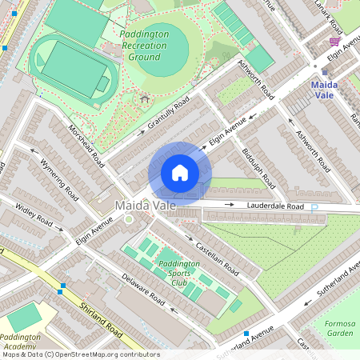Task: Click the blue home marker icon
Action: tap(180, 173)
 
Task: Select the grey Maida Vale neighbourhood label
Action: tap(145, 206)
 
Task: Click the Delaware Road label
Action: tap(144, 290)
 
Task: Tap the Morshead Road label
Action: tap(86, 145)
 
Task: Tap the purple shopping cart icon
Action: tap(334, 41)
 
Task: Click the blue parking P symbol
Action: tap(314, 207)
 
